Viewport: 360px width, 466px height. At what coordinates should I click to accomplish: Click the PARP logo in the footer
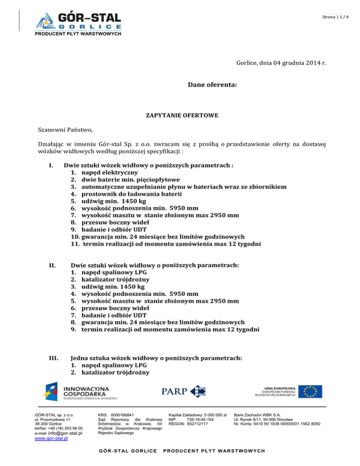click(184, 392)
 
